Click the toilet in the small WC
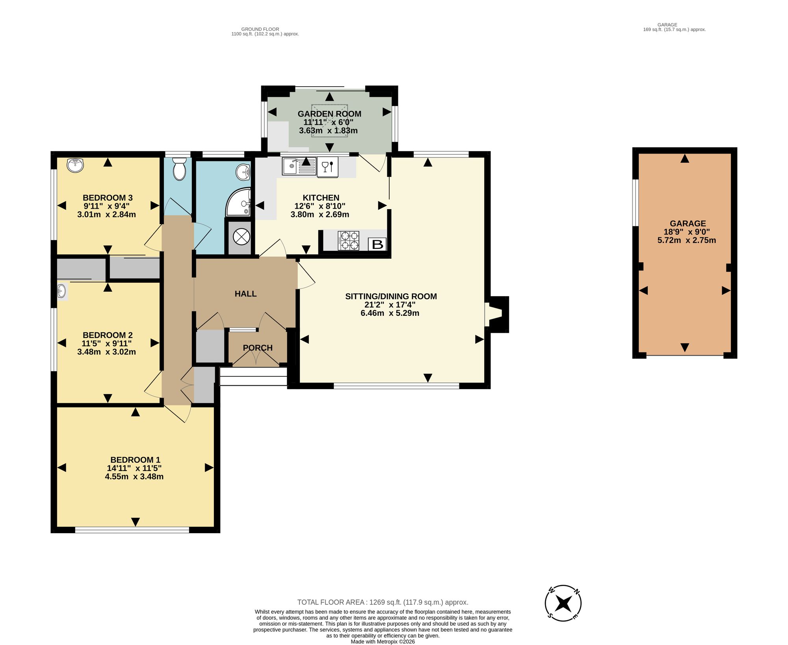point(179,169)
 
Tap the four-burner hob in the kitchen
point(348,241)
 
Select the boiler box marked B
point(377,245)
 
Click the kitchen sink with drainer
point(299,166)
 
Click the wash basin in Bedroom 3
point(75,165)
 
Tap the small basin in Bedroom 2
point(62,292)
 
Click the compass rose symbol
point(563,603)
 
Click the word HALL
point(245,294)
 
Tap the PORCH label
point(258,348)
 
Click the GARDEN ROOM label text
point(329,114)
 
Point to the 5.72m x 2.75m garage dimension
point(687,240)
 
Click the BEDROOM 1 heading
point(135,460)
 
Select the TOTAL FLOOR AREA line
point(383,602)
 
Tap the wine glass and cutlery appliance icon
point(327,167)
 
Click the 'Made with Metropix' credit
point(383,641)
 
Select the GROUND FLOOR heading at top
point(260,29)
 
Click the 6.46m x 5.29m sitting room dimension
point(390,313)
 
